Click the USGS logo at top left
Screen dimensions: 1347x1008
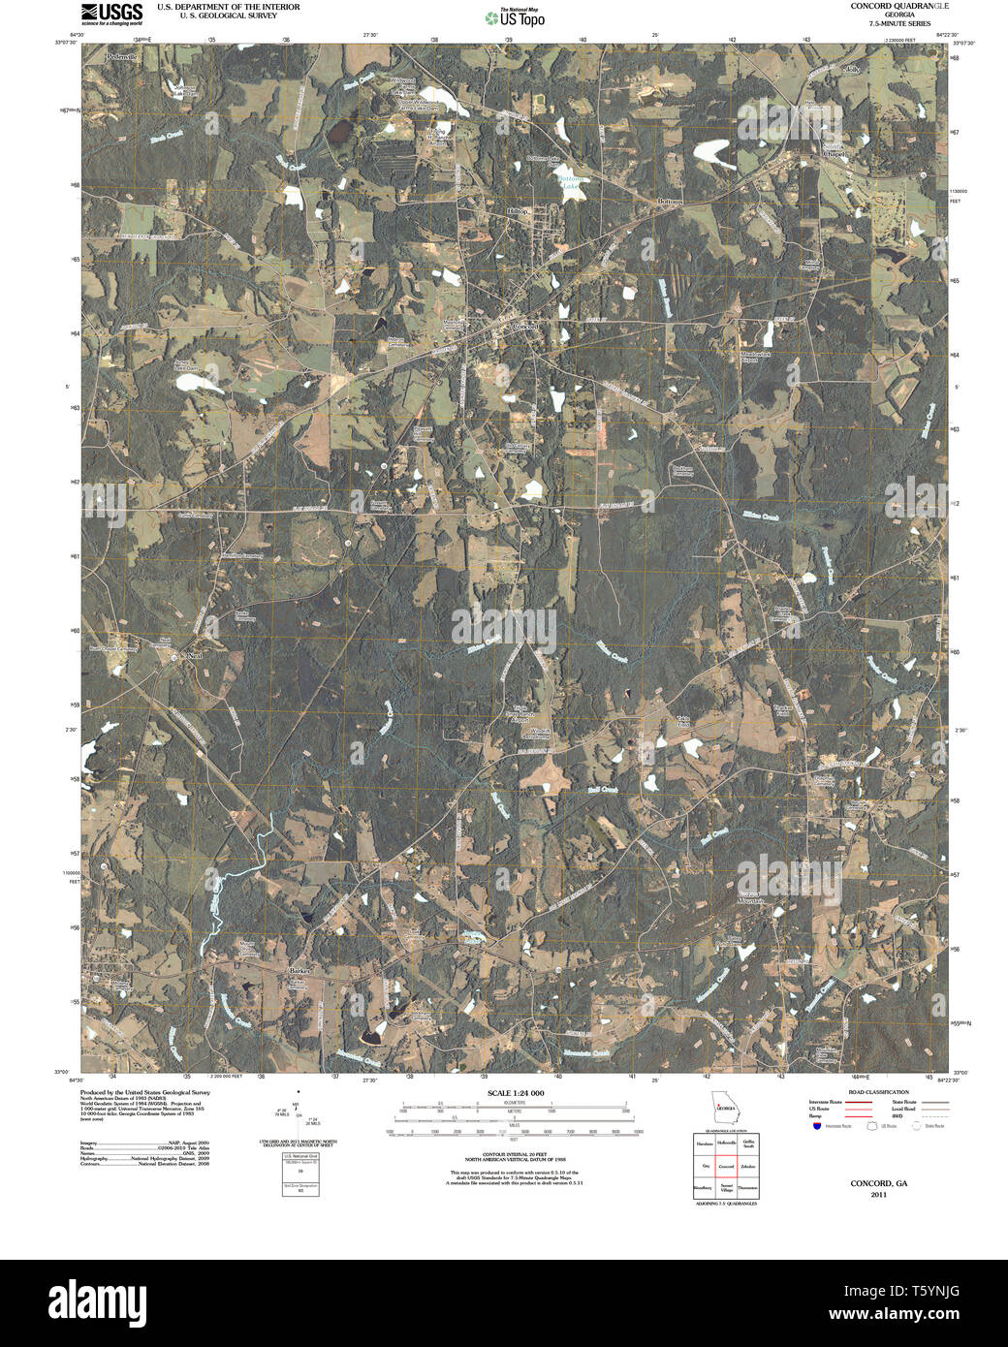pyautogui.click(x=111, y=13)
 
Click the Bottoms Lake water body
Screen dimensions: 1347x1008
pyautogui.click(x=574, y=182)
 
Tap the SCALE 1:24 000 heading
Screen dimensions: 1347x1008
pyautogui.click(x=516, y=1093)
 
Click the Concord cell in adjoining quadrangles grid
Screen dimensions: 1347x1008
pyautogui.click(x=726, y=1166)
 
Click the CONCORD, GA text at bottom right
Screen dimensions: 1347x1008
pyautogui.click(x=879, y=1183)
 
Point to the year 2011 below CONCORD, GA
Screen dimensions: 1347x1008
pyautogui.click(x=879, y=1194)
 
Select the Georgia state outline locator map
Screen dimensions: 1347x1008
pyautogui.click(x=724, y=1108)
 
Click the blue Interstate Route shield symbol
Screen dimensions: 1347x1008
pyautogui.click(x=817, y=1126)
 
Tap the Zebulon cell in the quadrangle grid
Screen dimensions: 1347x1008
pyautogui.click(x=748, y=1166)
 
